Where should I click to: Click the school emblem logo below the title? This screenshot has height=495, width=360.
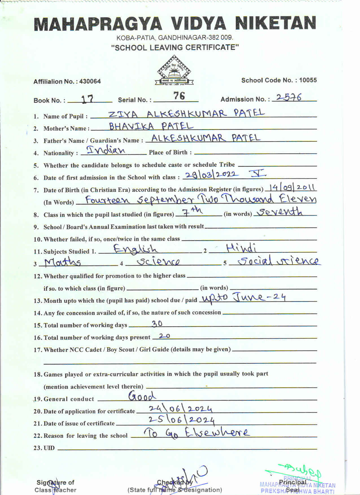point(174,71)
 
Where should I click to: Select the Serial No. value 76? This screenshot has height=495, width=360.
point(179,96)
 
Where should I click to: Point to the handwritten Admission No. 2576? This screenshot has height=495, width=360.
point(289,97)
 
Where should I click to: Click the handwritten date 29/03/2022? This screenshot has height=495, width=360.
point(211,175)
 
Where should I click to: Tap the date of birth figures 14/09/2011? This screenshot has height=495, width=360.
point(292,187)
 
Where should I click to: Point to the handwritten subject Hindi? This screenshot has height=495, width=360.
point(241,248)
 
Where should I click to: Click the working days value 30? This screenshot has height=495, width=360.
point(157,323)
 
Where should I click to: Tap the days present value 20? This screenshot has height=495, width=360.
point(164,336)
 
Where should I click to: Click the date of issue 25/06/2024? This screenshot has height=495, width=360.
point(182,420)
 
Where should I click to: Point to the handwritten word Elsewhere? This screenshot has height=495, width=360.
point(217,432)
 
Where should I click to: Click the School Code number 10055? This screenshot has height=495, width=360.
point(308,80)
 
